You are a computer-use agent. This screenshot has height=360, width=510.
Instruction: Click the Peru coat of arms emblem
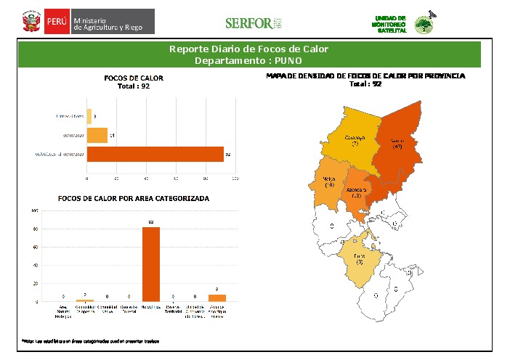(x=31, y=22)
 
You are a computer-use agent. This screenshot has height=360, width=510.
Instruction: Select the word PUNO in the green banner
(x=288, y=60)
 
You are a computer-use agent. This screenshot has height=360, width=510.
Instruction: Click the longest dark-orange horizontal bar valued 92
(x=155, y=154)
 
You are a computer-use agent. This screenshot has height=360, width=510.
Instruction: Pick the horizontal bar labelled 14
(x=97, y=135)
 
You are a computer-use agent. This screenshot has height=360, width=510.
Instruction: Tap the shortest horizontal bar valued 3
(x=89, y=115)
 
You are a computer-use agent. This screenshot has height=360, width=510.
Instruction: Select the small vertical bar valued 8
(x=217, y=298)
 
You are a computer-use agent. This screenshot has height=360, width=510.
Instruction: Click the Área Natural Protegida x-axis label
(x=64, y=312)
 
